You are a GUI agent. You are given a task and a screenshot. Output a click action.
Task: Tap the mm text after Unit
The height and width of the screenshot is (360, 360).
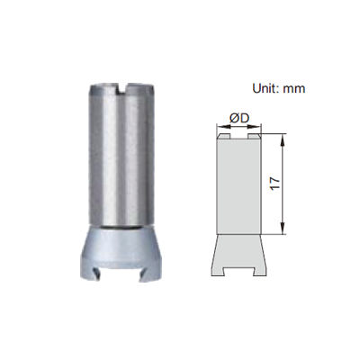pyautogui.click(x=294, y=89)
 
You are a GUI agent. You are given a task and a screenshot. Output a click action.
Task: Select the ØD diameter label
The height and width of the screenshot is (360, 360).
pyautogui.click(x=239, y=118)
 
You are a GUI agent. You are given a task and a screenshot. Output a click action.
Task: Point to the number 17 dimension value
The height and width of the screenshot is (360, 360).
pyautogui.click(x=274, y=184)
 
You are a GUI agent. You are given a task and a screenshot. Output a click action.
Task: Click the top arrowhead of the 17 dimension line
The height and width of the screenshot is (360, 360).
pyautogui.click(x=283, y=139)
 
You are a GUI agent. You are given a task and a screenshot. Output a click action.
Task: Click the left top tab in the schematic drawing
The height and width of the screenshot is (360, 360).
pyautogui.click(x=224, y=136)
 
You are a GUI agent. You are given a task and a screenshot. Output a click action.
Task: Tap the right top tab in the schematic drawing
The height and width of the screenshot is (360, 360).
pyautogui.click(x=254, y=136)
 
